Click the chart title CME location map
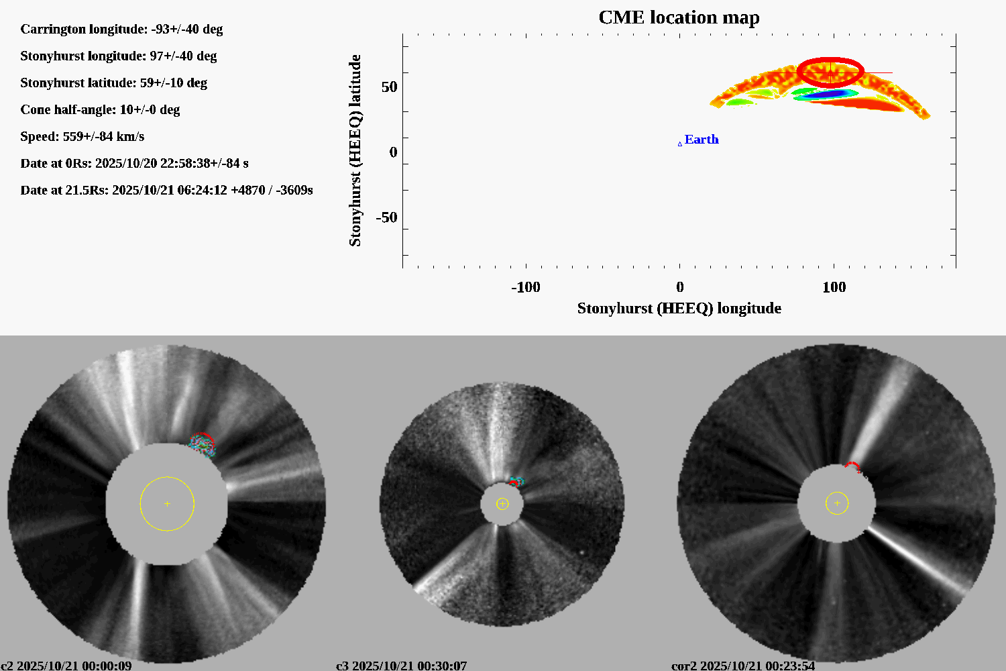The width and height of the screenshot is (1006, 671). tap(679, 17)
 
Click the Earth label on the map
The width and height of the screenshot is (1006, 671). tap(702, 140)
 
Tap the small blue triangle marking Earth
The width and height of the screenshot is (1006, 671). tap(680, 144)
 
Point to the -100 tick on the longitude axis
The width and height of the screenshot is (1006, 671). tap(525, 287)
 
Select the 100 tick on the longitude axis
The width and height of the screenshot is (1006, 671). tap(834, 287)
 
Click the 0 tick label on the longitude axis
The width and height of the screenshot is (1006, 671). tap(680, 287)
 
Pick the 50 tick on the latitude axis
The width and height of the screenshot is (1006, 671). tap(389, 87)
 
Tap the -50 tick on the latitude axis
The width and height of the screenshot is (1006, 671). tap(386, 217)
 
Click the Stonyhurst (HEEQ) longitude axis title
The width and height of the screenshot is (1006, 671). tap(679, 309)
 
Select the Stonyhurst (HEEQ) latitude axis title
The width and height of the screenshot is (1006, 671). tap(355, 150)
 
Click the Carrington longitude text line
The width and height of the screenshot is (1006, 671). tap(121, 30)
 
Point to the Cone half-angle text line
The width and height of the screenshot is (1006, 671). tap(100, 110)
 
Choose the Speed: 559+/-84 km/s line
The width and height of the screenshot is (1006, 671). tap(82, 137)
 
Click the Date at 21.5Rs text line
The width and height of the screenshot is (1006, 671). tap(166, 191)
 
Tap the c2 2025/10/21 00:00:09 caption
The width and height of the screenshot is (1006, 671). tap(66, 666)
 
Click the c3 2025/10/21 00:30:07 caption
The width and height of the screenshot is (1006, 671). tap(401, 666)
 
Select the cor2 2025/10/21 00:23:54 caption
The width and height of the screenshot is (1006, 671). tap(743, 666)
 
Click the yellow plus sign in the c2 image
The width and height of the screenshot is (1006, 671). tap(167, 503)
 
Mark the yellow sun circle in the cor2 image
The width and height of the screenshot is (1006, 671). tap(837, 503)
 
